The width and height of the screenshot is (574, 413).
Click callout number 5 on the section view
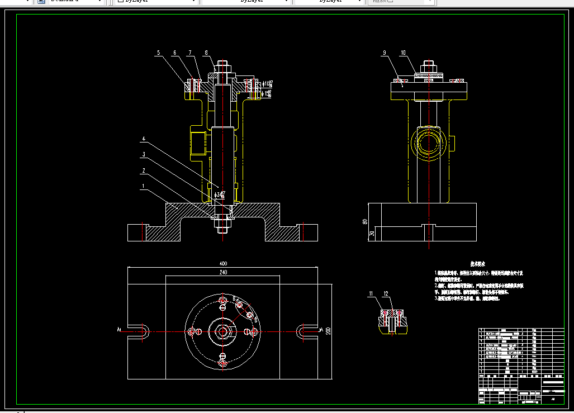158,53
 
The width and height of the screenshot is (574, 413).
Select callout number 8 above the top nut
206,53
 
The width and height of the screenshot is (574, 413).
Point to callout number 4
144,139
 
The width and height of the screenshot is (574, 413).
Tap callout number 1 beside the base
144,186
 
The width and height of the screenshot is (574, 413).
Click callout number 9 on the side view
385,53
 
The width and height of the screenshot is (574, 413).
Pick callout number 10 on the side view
402,53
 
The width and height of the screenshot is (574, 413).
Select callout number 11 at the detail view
370,293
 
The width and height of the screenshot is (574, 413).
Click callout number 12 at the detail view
386,293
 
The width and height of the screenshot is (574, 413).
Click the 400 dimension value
223,263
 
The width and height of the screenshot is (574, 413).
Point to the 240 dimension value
223,272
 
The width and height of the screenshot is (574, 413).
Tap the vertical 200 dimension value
328,330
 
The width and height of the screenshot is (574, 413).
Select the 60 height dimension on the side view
365,221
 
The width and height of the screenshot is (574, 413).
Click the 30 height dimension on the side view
372,234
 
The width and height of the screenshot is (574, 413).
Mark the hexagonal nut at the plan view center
223,331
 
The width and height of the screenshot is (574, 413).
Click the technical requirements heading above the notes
477,263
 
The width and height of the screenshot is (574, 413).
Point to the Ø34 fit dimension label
220,195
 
